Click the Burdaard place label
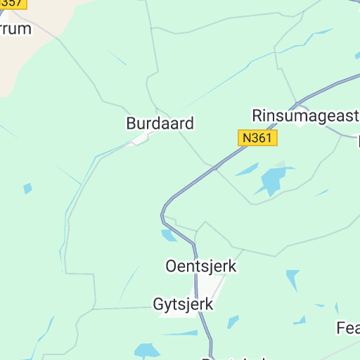click(x=160, y=123)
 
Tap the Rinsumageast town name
click(x=306, y=115)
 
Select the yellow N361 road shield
click(x=257, y=138)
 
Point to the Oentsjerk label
click(x=201, y=266)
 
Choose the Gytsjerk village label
click(x=183, y=305)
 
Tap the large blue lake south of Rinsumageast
click(x=271, y=180)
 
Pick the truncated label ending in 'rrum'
click(x=16, y=29)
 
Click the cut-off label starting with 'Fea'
click(x=348, y=328)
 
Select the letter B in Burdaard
click(x=131, y=123)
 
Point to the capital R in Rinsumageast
click(x=258, y=115)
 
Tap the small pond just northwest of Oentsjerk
click(x=169, y=236)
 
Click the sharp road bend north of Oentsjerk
click(x=164, y=209)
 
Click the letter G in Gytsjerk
click(x=158, y=305)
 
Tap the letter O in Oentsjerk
click(x=171, y=266)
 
